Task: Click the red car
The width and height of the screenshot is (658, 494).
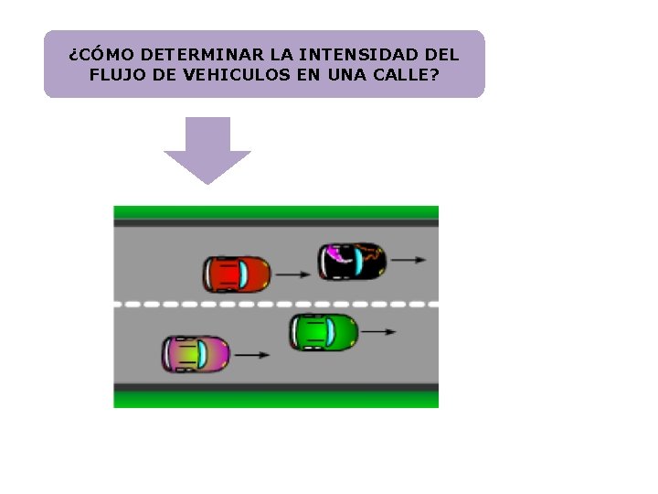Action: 237,274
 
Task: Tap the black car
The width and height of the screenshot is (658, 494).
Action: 351,261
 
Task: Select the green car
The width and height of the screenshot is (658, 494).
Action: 324,331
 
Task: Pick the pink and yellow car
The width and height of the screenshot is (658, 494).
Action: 196,354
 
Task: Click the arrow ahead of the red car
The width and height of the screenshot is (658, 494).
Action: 292,273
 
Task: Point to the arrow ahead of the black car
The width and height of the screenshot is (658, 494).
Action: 408,260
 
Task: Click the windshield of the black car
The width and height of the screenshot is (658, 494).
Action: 359,262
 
